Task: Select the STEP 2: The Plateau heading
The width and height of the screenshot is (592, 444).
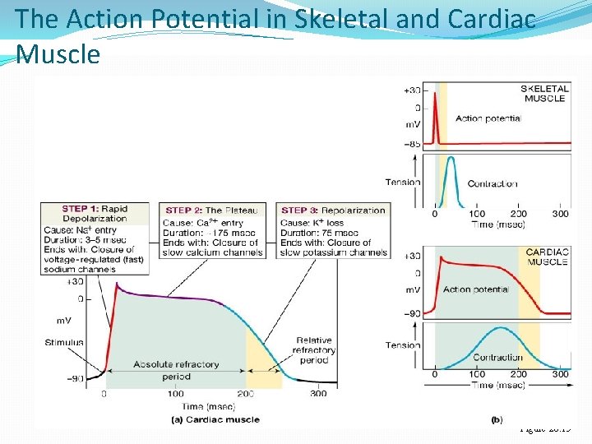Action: click(212, 210)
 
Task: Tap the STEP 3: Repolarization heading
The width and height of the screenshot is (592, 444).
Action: click(333, 210)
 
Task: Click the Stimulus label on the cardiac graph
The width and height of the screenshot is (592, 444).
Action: click(64, 342)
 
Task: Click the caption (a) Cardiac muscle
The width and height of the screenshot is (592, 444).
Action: click(215, 419)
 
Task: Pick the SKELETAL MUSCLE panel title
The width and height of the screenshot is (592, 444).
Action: click(544, 93)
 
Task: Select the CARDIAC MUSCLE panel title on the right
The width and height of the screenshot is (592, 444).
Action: click(546, 257)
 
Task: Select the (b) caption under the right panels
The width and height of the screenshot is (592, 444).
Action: click(496, 419)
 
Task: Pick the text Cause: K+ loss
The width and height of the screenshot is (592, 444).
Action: click(312, 223)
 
